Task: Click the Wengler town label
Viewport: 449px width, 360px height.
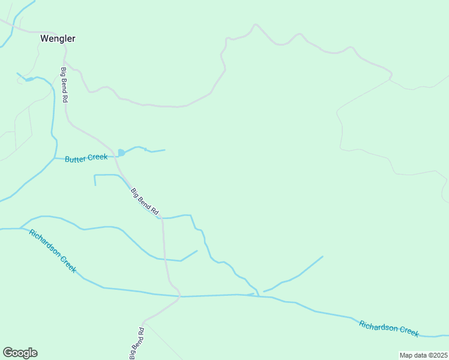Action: pos(58,38)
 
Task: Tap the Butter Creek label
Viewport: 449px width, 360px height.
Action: pos(86,158)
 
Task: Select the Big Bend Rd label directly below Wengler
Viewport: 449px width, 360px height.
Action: pos(64,85)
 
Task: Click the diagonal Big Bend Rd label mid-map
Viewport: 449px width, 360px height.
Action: pos(145,202)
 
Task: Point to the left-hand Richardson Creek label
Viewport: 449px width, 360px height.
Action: pos(53,251)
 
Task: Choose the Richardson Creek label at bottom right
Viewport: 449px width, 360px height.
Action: pos(388,328)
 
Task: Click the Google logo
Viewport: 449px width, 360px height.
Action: pos(20,353)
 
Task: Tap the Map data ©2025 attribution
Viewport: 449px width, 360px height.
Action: pos(423,355)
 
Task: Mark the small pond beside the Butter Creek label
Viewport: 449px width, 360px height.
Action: pos(121,153)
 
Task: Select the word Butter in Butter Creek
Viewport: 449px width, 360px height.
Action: pos(75,160)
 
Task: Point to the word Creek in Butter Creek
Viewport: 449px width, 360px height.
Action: pos(97,157)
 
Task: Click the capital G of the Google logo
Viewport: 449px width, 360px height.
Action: pos(8,353)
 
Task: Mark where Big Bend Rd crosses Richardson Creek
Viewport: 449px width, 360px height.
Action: pos(179,296)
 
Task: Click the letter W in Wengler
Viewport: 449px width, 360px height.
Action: pos(44,38)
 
